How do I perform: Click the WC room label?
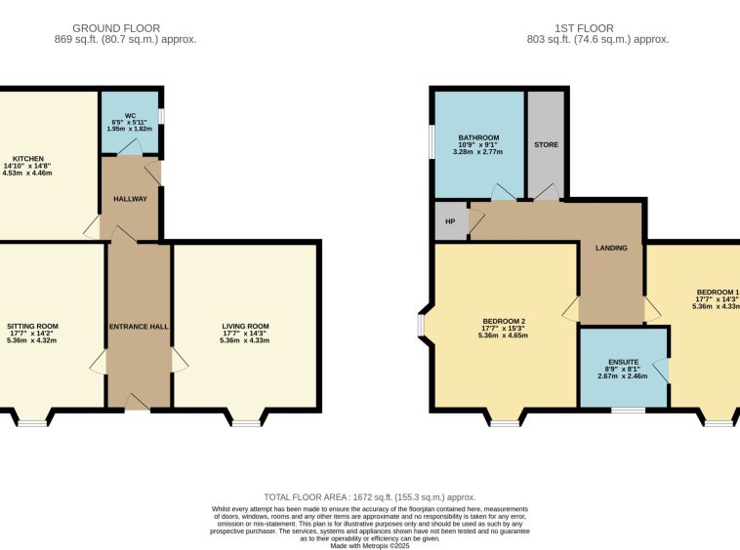(x=130, y=115)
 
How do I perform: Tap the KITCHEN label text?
(x=28, y=159)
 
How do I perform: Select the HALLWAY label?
(x=130, y=199)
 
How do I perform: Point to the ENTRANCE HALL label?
(x=139, y=327)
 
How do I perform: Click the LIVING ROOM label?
(x=245, y=326)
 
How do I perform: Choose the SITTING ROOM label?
(x=32, y=326)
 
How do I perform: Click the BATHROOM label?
(x=478, y=137)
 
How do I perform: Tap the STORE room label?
(x=546, y=144)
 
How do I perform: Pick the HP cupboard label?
(x=450, y=221)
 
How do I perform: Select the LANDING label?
(x=611, y=248)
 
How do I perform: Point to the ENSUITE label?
(x=624, y=362)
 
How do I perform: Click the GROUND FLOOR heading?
(x=116, y=28)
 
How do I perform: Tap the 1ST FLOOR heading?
(x=584, y=28)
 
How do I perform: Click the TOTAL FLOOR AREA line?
(x=370, y=497)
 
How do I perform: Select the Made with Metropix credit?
(x=370, y=546)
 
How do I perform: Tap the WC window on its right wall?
(x=161, y=117)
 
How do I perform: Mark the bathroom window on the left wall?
(x=432, y=141)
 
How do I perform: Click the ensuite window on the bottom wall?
(x=628, y=410)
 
